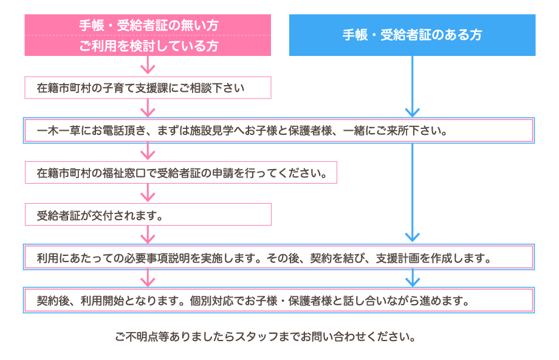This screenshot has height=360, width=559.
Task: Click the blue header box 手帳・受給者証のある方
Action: pos(412,35)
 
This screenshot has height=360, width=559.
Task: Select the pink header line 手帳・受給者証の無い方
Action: pos(148,26)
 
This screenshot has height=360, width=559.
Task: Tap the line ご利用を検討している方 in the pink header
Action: pos(148,46)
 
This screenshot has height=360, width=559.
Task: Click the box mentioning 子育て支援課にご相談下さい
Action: pos(148,88)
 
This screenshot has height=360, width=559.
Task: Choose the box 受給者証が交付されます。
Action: pos(148,215)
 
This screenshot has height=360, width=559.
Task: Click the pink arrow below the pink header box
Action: pos(148,66)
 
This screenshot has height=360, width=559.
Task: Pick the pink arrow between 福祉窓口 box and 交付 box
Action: pos(148,193)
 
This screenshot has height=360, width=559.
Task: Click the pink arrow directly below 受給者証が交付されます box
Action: pos(148,235)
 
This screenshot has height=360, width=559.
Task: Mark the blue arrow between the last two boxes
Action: pos(413,279)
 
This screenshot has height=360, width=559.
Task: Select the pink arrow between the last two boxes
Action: pos(148,279)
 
